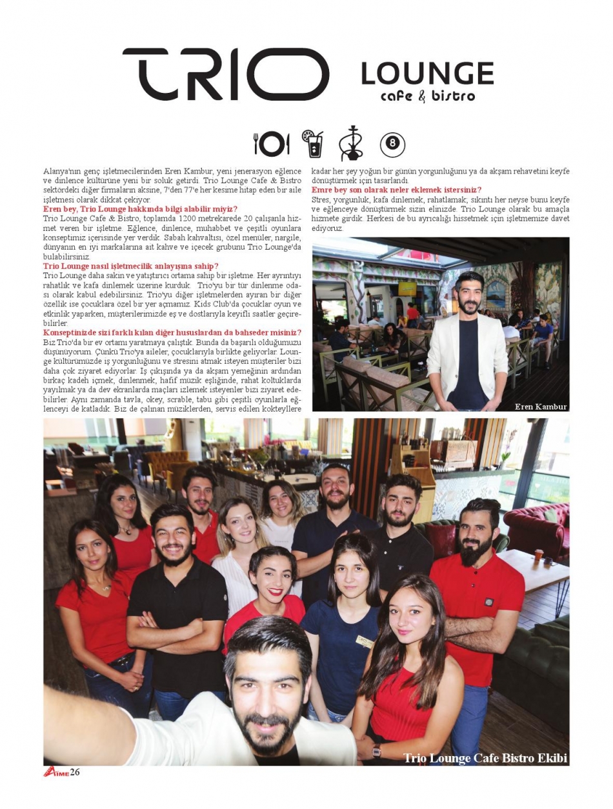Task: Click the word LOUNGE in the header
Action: tap(427, 74)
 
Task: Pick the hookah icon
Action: tap(351, 143)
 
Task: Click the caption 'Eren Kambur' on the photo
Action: tap(541, 406)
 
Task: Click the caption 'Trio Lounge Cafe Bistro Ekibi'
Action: tap(485, 758)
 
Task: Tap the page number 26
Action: tap(75, 772)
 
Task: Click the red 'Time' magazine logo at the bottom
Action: tap(56, 772)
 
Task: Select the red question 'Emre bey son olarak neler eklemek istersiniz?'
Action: tap(396, 190)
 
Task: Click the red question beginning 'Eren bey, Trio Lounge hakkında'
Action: tap(140, 209)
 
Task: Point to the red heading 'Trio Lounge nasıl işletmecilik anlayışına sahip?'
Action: tap(130, 266)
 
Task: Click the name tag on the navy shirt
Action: tap(365, 641)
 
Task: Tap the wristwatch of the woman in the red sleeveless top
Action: tap(376, 750)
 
